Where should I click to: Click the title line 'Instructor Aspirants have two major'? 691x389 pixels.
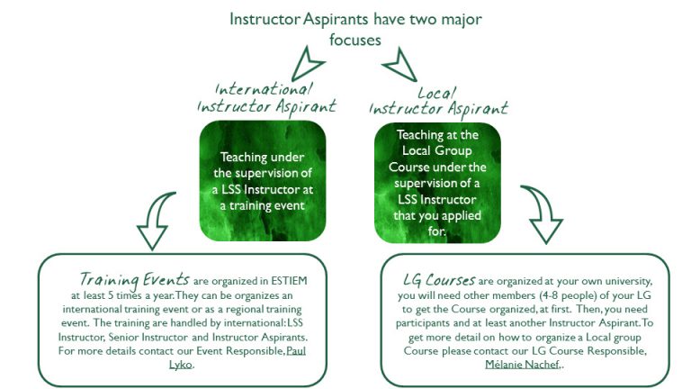click(355, 20)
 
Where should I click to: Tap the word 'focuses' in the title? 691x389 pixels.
click(355, 41)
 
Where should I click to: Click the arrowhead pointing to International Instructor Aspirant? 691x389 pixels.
click(307, 65)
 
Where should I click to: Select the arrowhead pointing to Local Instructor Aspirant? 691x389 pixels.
click(400, 65)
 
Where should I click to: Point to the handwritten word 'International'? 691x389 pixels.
click(264, 89)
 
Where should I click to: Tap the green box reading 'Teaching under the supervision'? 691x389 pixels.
click(263, 181)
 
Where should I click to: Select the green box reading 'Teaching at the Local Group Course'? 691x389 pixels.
click(437, 183)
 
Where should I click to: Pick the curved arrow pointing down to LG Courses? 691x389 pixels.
click(543, 215)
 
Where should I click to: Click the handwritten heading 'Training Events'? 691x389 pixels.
click(134, 280)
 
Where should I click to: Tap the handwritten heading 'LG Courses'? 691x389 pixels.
click(439, 280)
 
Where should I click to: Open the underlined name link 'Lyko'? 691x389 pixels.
click(181, 365)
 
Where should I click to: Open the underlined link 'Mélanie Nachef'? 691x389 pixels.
click(522, 365)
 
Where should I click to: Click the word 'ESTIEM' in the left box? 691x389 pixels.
click(289, 281)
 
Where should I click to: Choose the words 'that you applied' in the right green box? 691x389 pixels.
click(437, 216)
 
